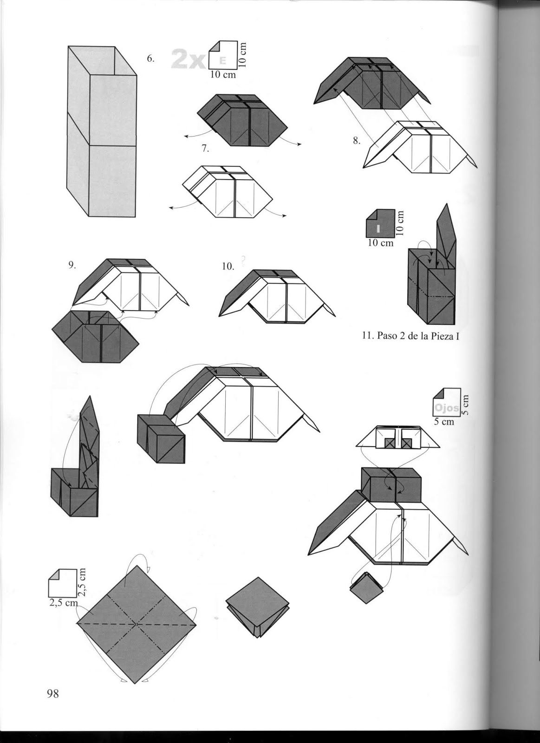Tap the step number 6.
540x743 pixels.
tap(150, 59)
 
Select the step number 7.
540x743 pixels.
tap(205, 149)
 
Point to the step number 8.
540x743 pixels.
tap(356, 141)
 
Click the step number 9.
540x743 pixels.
tap(72, 265)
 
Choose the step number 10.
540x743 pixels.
tap(228, 266)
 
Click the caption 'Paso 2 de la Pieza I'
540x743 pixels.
tap(410, 336)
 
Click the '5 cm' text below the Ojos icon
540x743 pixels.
tap(443, 423)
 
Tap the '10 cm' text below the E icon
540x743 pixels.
tap(223, 75)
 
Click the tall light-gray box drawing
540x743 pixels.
tap(102, 132)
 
